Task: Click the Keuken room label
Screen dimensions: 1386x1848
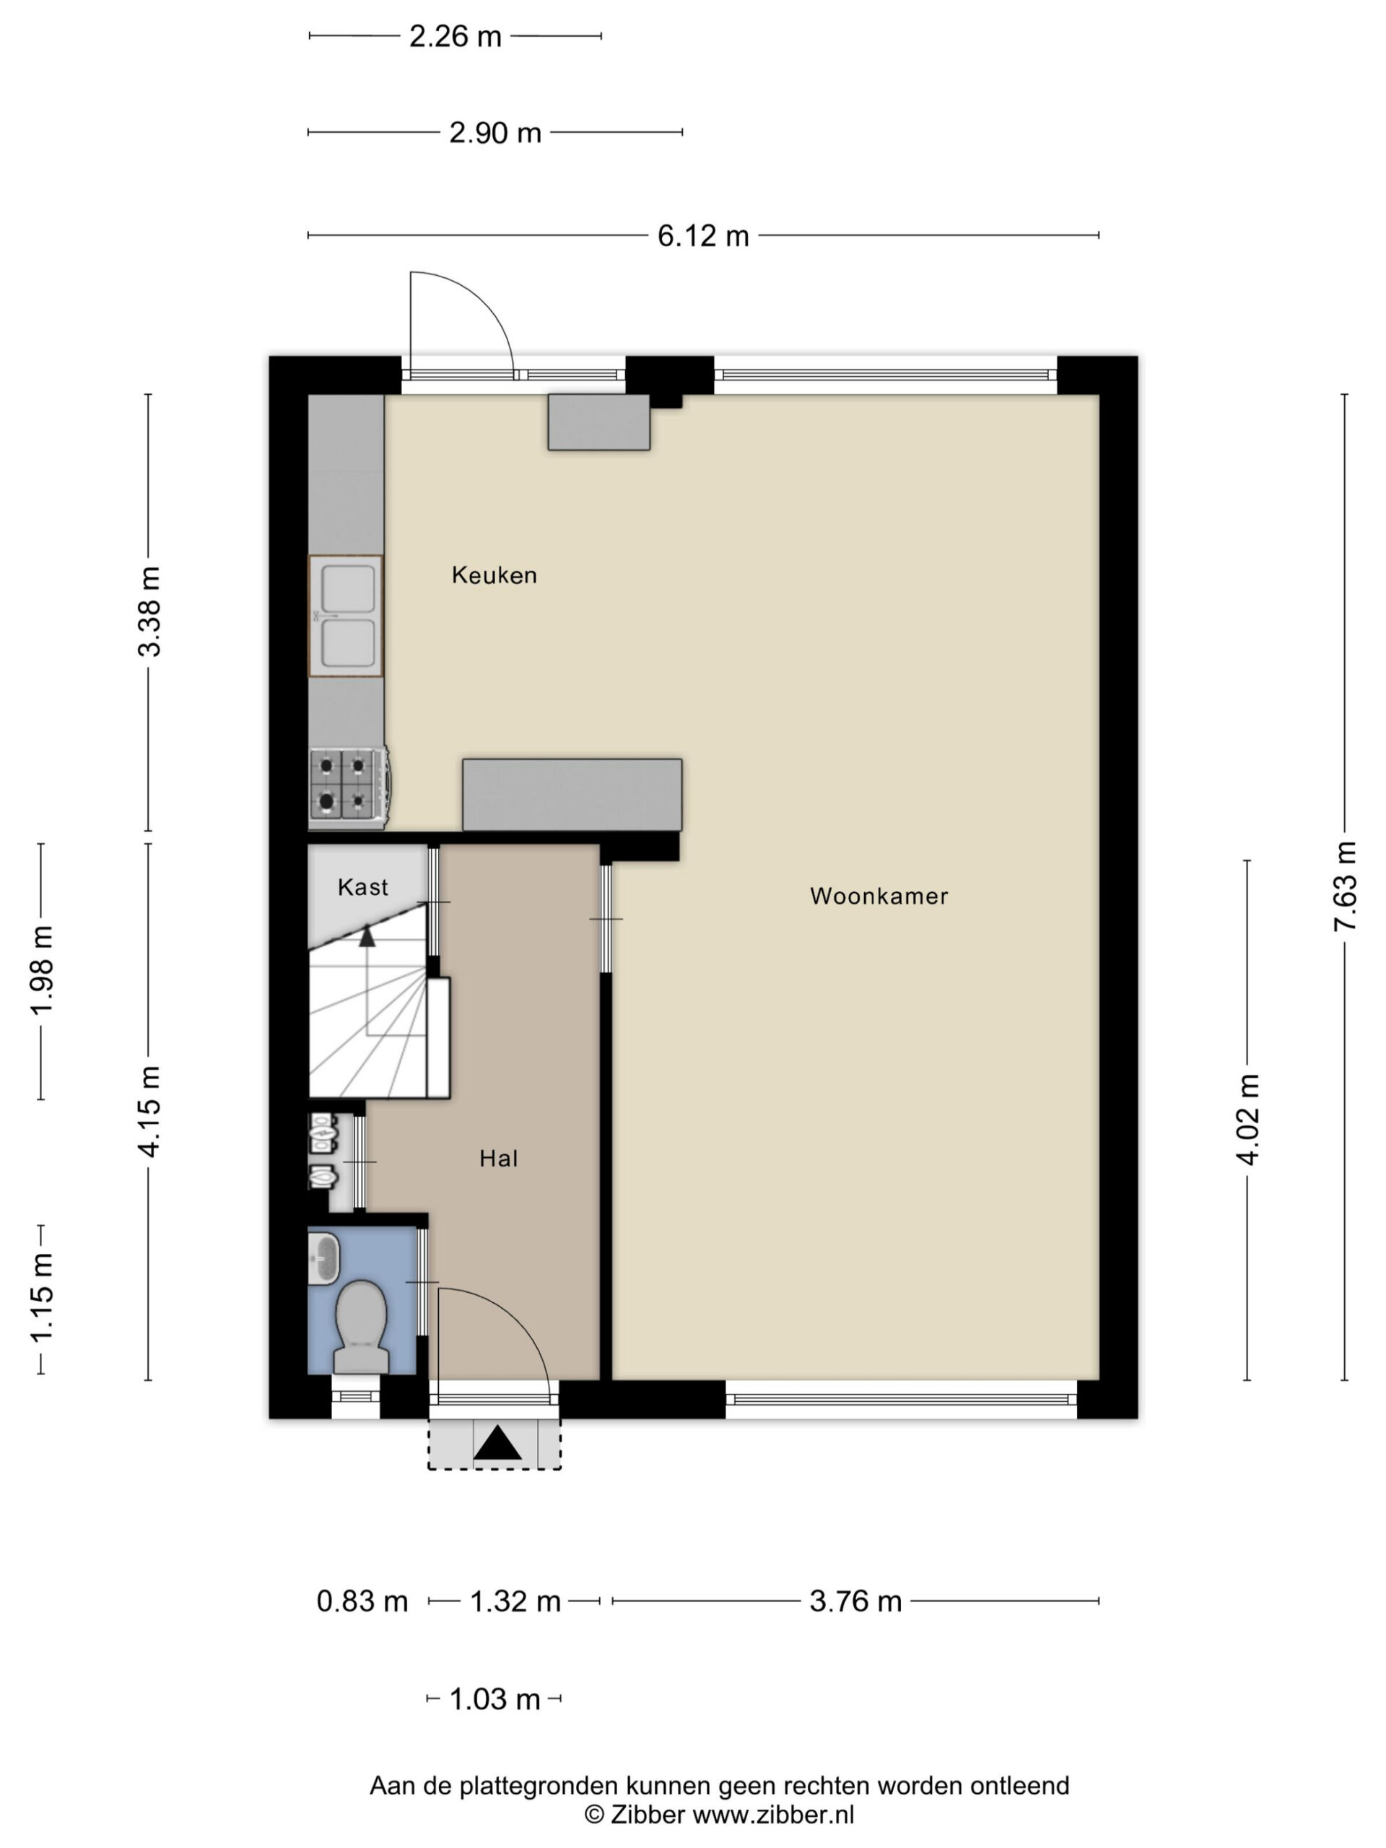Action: [494, 575]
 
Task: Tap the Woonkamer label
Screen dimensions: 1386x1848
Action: [879, 897]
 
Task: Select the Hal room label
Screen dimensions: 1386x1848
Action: [499, 1158]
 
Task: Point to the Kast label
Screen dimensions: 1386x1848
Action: [362, 886]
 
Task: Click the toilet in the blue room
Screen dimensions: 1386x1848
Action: [361, 1327]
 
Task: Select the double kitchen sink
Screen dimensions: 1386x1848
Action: [346, 616]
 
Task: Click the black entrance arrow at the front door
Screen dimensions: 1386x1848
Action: [497, 1443]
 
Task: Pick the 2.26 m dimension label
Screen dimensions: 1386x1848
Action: [456, 37]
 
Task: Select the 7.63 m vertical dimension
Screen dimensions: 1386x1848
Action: [1345, 886]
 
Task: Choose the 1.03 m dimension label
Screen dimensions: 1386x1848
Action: [494, 1699]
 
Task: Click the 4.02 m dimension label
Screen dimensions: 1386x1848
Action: [1247, 1120]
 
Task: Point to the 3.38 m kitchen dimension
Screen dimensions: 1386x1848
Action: [149, 611]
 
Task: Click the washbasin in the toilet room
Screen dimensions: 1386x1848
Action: [324, 1259]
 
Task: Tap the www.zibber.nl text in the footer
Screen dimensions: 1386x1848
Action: [774, 1814]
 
